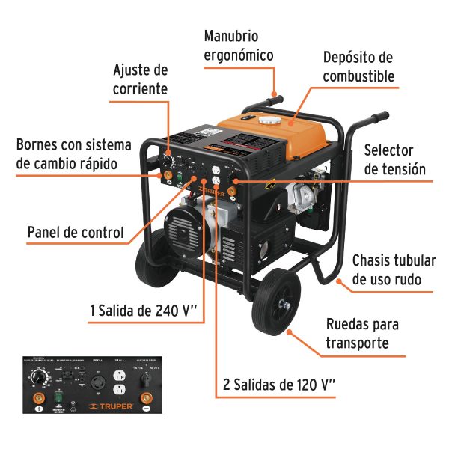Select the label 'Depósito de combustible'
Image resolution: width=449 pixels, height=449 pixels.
point(358,67)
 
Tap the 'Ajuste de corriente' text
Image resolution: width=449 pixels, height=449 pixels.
point(140,79)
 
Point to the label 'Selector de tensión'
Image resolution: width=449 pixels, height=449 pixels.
point(394,160)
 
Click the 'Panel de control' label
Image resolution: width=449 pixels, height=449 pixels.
point(76,232)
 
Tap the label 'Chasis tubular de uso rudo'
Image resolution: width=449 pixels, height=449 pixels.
point(393,270)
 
